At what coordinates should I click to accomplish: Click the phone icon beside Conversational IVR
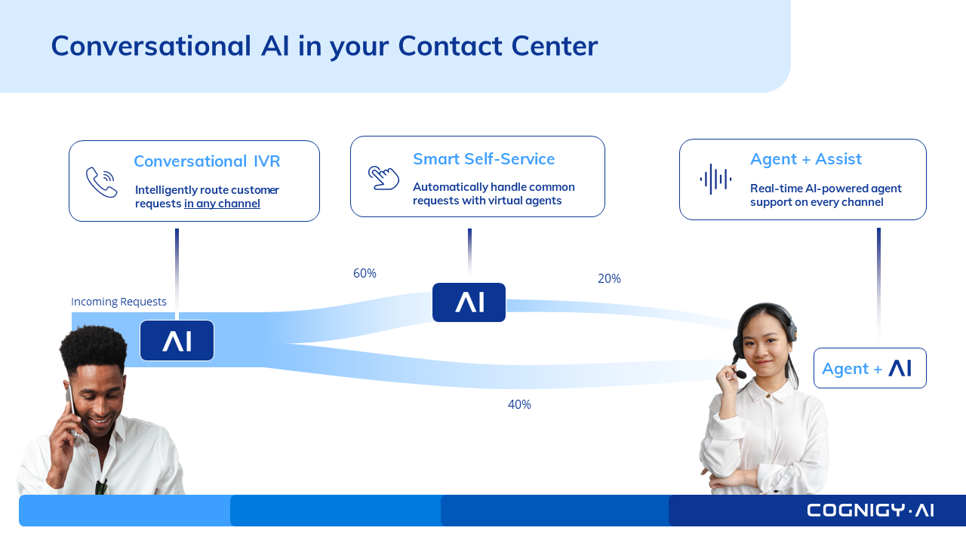tap(102, 182)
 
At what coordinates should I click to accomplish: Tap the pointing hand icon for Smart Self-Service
tap(383, 177)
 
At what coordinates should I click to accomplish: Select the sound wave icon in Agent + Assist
tap(715, 179)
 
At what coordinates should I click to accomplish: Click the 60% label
tap(365, 273)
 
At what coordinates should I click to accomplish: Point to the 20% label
tap(609, 278)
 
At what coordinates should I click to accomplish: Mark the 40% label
tap(519, 404)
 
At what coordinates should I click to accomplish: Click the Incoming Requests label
tap(118, 302)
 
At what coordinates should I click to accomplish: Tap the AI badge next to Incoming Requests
tap(177, 340)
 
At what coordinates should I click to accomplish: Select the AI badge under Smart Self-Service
tap(469, 302)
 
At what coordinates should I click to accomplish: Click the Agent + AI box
tap(870, 368)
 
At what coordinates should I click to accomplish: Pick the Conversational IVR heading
tap(207, 161)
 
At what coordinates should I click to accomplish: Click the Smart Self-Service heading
tap(484, 159)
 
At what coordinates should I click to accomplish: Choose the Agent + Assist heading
tap(806, 159)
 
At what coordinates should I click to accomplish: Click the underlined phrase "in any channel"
tap(222, 204)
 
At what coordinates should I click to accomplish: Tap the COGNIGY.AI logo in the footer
tap(870, 511)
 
